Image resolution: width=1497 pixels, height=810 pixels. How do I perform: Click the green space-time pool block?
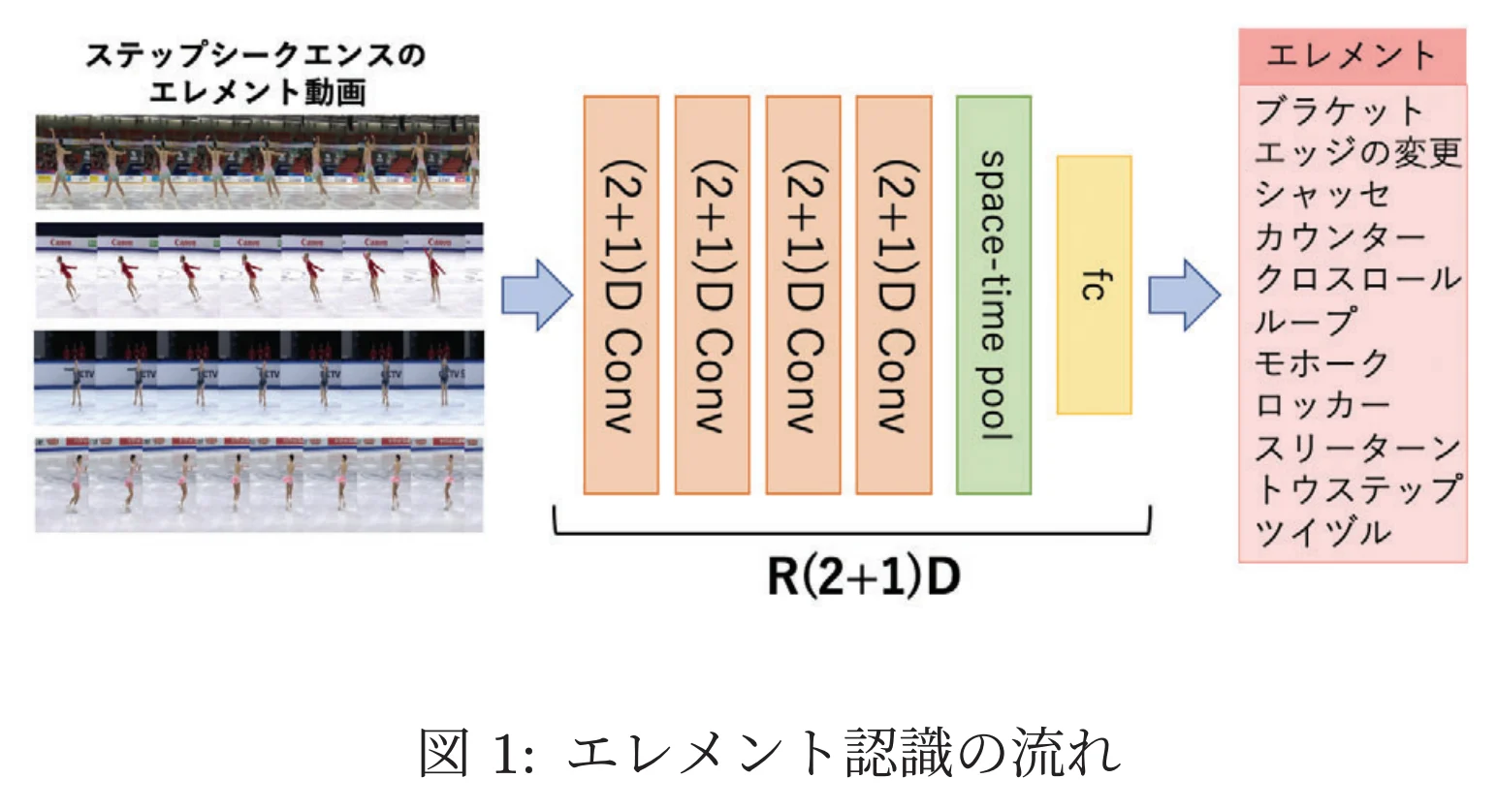pyautogui.click(x=993, y=295)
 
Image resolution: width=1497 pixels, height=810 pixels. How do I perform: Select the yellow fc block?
pyautogui.click(x=1094, y=285)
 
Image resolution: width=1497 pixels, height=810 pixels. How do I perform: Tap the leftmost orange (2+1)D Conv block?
pyautogui.click(x=621, y=295)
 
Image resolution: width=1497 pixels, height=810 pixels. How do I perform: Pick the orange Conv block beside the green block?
pyautogui.click(x=894, y=295)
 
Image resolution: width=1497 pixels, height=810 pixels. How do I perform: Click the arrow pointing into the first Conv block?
pyautogui.click(x=536, y=295)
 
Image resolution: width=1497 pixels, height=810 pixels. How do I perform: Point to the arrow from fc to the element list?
pyautogui.click(x=1183, y=295)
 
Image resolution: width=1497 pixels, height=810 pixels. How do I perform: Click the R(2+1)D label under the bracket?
pyautogui.click(x=863, y=576)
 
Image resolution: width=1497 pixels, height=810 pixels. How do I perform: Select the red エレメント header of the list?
pyautogui.click(x=1352, y=55)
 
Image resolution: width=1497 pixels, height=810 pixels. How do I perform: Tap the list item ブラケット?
pyautogui.click(x=1338, y=110)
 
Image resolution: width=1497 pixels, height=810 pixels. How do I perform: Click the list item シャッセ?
pyautogui.click(x=1322, y=195)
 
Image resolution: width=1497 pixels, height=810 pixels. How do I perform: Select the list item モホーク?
pyautogui.click(x=1322, y=363)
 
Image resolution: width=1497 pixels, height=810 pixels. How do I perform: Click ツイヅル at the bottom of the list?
pyautogui.click(x=1322, y=532)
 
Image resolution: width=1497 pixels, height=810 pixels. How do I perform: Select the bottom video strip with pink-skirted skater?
pyautogui.click(x=259, y=483)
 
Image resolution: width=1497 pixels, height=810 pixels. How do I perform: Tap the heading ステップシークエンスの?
pyautogui.click(x=256, y=55)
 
